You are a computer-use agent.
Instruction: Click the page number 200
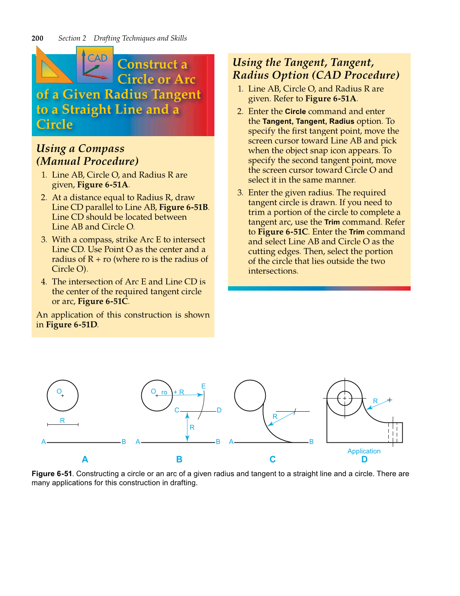click(x=37, y=38)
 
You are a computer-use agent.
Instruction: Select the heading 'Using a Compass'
click(x=80, y=149)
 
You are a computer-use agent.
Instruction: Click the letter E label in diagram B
click(x=203, y=386)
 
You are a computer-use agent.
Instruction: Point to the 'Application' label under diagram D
click(x=364, y=451)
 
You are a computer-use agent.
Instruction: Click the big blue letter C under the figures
click(x=273, y=459)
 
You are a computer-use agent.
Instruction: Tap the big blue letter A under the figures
click(x=85, y=459)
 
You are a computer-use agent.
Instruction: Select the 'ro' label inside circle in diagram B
click(x=164, y=393)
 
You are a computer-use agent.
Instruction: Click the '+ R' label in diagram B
click(x=179, y=392)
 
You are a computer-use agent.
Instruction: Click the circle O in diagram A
click(x=62, y=395)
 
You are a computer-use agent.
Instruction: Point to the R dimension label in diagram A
click(x=62, y=420)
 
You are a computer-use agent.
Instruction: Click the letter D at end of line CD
click(x=219, y=410)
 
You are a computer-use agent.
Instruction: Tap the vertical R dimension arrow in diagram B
click(x=187, y=427)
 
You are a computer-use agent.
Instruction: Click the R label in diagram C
click(x=275, y=416)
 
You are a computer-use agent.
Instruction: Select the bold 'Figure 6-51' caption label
click(x=52, y=474)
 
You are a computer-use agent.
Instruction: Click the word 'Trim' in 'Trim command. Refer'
click(x=332, y=222)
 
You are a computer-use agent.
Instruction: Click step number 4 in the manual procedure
click(x=44, y=282)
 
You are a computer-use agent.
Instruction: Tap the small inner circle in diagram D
click(x=345, y=398)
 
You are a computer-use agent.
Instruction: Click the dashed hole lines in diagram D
click(x=393, y=432)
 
